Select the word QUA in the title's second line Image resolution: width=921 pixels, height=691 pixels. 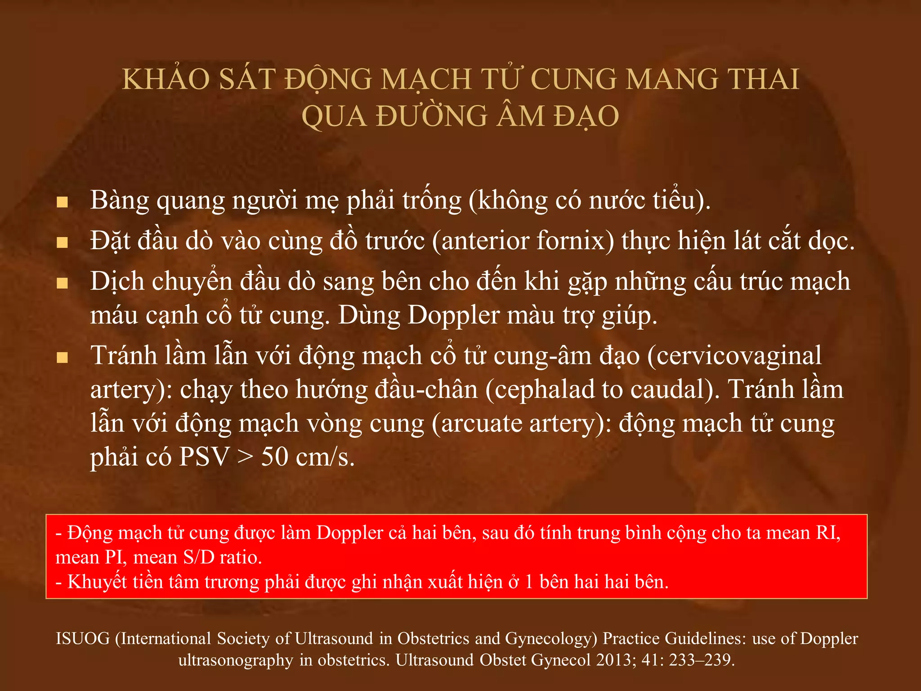[x=334, y=117]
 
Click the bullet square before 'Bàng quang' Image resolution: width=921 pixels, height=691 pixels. [x=62, y=202]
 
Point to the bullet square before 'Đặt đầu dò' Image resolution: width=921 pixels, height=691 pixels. [x=62, y=243]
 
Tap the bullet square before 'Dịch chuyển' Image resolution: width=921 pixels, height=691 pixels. [x=62, y=283]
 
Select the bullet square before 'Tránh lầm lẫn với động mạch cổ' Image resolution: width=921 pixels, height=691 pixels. [x=62, y=358]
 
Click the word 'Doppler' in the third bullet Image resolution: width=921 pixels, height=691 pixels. [x=454, y=315]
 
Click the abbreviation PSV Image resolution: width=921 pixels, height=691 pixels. [x=204, y=457]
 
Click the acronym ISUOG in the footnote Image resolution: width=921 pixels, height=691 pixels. [x=83, y=639]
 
